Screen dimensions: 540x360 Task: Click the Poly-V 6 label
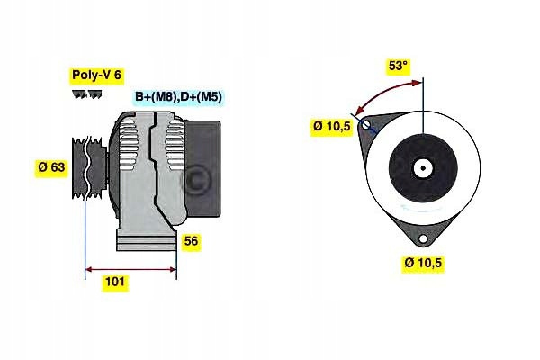tap(97, 76)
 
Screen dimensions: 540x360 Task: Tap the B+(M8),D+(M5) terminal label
tap(179, 97)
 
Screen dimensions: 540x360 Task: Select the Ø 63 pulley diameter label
tap(51, 167)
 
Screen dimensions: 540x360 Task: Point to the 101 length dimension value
tap(114, 282)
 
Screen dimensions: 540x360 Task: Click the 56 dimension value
tap(191, 241)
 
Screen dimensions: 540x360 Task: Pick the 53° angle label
tap(398, 66)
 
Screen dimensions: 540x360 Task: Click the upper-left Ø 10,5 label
tap(331, 126)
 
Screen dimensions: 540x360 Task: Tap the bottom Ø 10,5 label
tap(423, 263)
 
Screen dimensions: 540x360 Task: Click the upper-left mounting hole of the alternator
tap(366, 124)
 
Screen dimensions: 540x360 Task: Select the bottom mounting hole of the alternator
tap(423, 238)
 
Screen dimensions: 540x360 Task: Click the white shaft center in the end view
tap(423, 168)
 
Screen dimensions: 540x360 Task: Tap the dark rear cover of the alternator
tap(203, 169)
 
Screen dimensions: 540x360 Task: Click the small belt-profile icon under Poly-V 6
tap(86, 94)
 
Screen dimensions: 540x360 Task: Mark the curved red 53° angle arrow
tap(382, 92)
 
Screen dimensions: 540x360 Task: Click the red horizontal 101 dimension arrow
tap(130, 269)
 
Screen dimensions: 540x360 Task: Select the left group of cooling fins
tap(127, 148)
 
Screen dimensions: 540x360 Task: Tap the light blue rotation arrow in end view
tap(419, 208)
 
